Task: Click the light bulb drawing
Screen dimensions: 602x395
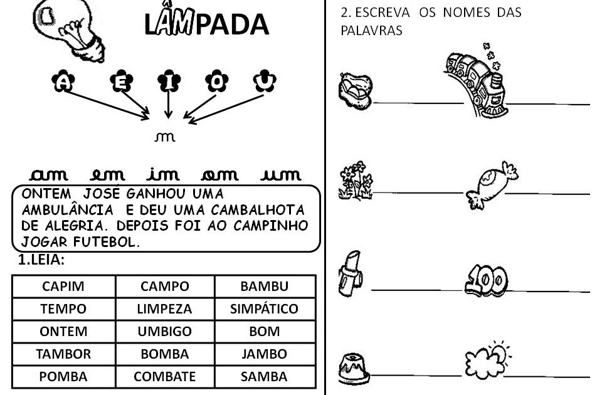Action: coord(69,30)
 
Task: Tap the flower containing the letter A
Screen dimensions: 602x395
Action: coord(63,81)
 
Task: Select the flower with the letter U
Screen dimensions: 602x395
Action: coord(265,81)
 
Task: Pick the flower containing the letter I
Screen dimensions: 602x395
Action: coord(169,81)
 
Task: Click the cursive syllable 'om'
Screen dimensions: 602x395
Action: coord(219,175)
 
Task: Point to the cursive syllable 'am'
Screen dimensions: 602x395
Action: coord(49,175)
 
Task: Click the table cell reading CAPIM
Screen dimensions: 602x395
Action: coord(63,287)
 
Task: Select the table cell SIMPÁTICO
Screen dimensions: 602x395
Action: coord(265,309)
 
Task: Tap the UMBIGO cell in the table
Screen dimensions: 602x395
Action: coord(165,332)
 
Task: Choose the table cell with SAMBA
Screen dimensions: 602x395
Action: coord(265,377)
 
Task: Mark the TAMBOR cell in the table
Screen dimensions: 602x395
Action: coord(63,354)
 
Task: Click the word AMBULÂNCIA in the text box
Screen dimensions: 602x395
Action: coord(68,209)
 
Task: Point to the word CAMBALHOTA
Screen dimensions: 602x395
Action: coord(258,209)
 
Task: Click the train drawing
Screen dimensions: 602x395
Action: coord(476,81)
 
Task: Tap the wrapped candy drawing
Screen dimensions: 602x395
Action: coord(492,185)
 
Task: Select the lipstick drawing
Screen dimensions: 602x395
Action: coord(350,273)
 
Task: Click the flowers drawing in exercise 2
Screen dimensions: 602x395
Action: coord(356,181)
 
